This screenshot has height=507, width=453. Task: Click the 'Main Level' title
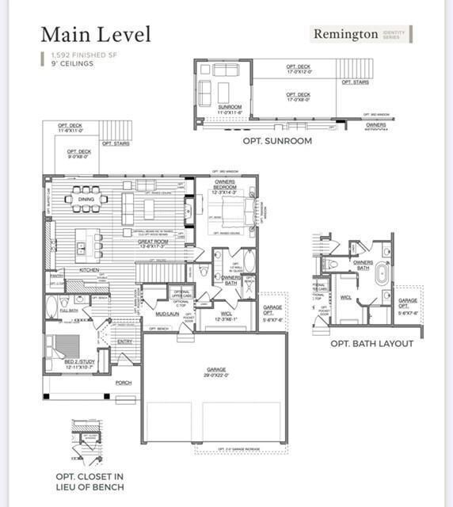(95, 34)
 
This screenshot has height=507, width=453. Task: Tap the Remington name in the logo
(345, 34)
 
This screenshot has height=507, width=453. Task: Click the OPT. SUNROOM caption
(277, 141)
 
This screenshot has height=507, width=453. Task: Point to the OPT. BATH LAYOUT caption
(371, 344)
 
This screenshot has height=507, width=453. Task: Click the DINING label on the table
(86, 200)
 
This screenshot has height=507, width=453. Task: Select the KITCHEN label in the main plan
(89, 270)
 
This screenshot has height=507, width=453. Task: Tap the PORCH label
(123, 383)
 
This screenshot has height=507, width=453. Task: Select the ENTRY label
(125, 341)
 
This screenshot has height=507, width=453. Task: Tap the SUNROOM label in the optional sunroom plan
(230, 108)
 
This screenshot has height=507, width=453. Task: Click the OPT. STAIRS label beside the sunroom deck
(355, 82)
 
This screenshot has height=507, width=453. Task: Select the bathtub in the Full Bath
(53, 307)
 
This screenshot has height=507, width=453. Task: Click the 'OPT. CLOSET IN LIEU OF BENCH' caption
(89, 482)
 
